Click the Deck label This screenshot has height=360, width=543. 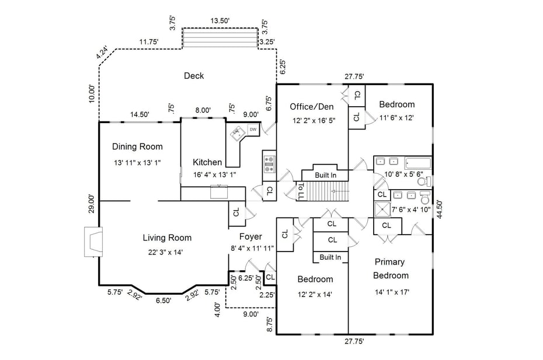pyautogui.click(x=193, y=76)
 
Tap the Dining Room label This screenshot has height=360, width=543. pyautogui.click(x=137, y=146)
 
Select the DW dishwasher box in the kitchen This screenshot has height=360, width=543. pyautogui.click(x=253, y=130)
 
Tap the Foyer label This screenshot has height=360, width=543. pyautogui.click(x=250, y=237)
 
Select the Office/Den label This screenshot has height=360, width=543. pyautogui.click(x=312, y=106)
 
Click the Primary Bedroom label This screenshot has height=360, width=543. pyautogui.click(x=391, y=268)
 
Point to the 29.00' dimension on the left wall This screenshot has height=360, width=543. pyautogui.click(x=92, y=204)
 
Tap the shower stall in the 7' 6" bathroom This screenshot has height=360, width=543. pyautogui.click(x=382, y=209)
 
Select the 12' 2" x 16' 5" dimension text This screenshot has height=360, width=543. pyautogui.click(x=313, y=121)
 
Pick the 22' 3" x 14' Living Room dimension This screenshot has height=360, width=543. pyautogui.click(x=167, y=252)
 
